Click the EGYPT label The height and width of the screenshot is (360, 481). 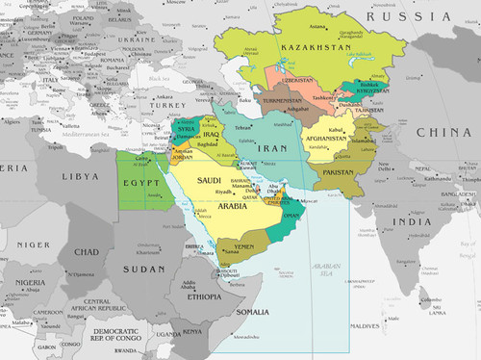point(139,182)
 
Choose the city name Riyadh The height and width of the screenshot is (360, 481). point(223,192)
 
